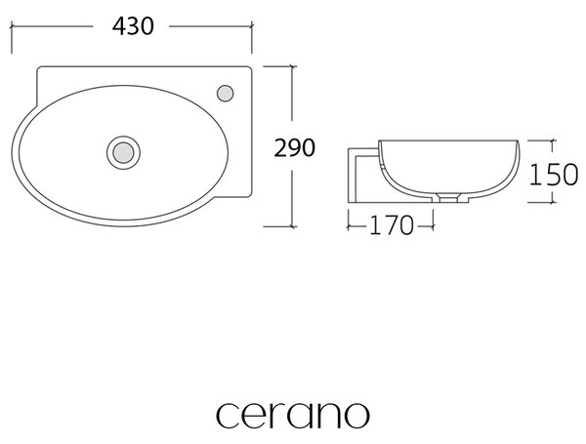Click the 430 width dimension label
pos(133,26)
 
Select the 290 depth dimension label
pos(295,148)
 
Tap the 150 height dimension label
pos(554,175)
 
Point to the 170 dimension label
pos(392,225)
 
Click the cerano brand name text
pos(293,415)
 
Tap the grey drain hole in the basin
pos(123,152)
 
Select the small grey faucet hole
pos(226,94)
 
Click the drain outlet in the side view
pos(448,198)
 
